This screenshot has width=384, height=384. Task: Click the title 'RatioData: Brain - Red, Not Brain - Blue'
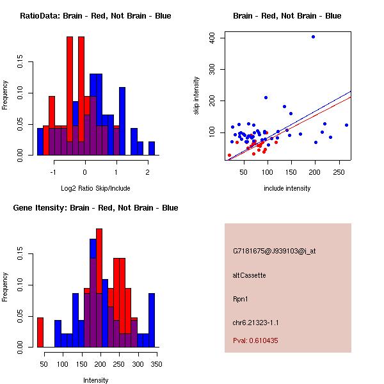point(95,16)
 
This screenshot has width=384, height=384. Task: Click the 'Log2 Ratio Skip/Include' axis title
point(96,189)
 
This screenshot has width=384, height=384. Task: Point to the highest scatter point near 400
point(313,36)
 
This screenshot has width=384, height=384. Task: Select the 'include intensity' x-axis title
point(287,189)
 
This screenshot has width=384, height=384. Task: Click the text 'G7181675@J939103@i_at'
point(274,251)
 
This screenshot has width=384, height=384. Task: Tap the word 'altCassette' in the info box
point(249,275)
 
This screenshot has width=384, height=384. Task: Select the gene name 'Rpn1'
point(241,299)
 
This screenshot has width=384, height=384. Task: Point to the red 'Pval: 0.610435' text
point(255,340)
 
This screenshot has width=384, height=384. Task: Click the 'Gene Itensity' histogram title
point(95,208)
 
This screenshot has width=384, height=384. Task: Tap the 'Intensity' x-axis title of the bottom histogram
point(96,381)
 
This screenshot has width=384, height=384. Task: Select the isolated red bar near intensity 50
point(40,332)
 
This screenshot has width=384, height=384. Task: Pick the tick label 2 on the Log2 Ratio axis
point(147,173)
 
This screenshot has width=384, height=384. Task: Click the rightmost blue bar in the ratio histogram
point(152,148)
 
